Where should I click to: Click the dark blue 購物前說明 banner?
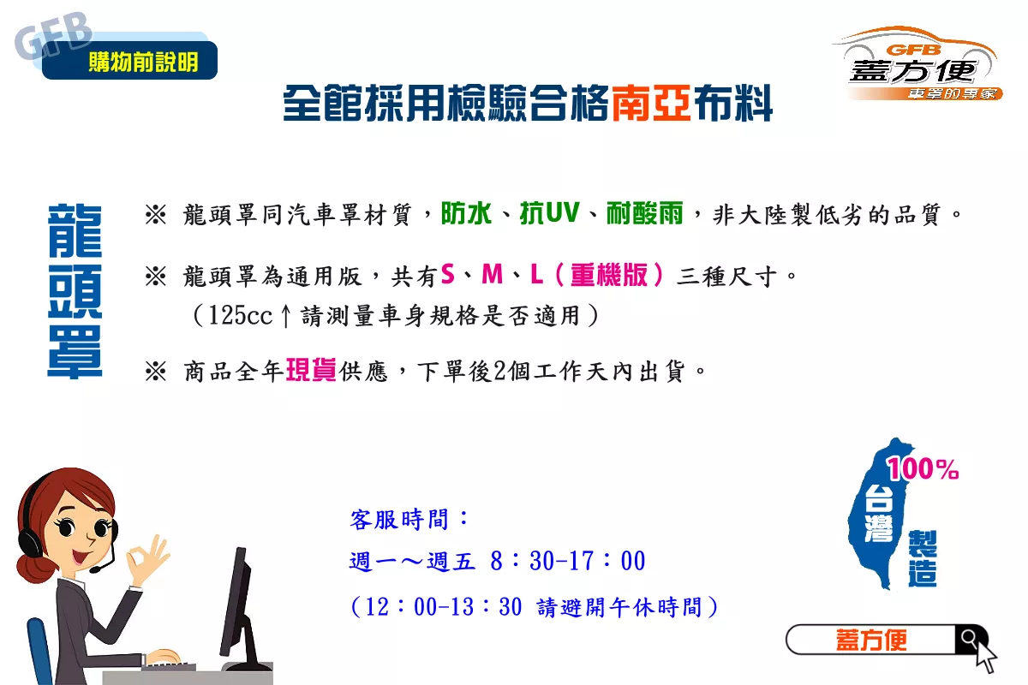(129, 60)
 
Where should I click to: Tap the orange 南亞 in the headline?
(651, 104)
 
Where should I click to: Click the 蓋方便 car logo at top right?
(917, 63)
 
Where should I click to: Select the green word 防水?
(466, 213)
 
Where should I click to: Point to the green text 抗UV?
(550, 213)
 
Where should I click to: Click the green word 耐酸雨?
(645, 213)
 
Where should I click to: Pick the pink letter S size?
(447, 274)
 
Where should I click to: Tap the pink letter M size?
(492, 274)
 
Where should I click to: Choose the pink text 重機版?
(609, 275)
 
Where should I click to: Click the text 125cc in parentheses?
(240, 315)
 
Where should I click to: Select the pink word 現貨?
(311, 370)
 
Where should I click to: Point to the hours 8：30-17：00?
(568, 561)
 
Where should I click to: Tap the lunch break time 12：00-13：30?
(444, 606)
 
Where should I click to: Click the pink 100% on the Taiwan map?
(923, 469)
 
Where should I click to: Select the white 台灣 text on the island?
(879, 514)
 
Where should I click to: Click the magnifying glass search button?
(970, 639)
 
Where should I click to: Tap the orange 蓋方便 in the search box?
(871, 640)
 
